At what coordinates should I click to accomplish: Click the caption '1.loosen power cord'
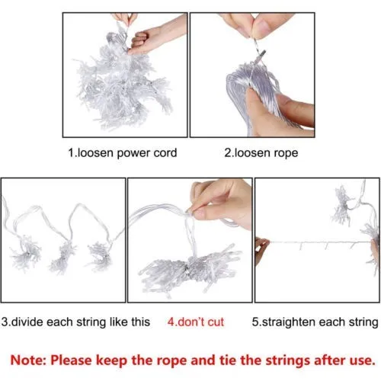point(123,153)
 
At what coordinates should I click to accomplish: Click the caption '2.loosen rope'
point(261,153)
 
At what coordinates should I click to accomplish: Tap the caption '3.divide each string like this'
point(75,322)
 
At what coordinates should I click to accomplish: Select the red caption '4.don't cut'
point(196,322)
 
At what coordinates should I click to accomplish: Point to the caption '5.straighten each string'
point(315,322)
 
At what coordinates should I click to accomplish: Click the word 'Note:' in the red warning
point(28,360)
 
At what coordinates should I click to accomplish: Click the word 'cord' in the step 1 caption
point(165,153)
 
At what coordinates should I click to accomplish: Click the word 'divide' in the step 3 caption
point(28,322)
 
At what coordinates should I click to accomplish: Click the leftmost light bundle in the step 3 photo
point(26,253)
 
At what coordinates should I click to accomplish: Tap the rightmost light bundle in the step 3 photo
point(100,257)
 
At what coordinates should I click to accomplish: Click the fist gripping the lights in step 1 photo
point(142,42)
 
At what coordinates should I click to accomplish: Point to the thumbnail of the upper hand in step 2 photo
point(264,25)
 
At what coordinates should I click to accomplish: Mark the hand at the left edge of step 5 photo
point(261,248)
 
